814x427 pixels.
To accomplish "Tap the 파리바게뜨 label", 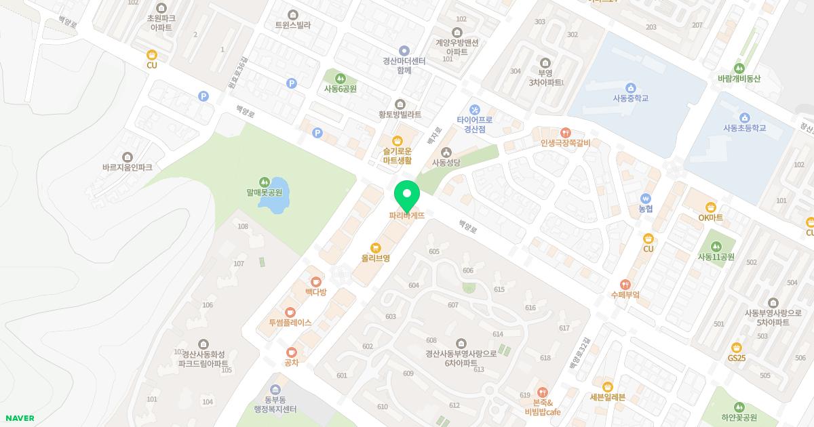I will (x=407, y=216).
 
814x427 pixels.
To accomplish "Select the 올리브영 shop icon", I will (x=375, y=247).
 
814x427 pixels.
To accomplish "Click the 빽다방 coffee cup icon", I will (x=315, y=281).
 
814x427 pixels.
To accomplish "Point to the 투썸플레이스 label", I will (x=290, y=323).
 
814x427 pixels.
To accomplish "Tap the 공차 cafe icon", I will (x=292, y=352).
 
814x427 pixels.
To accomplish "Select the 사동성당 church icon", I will (x=446, y=152).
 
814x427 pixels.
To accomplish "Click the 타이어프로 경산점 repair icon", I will (x=475, y=109).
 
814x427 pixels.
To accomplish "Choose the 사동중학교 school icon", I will (x=631, y=87).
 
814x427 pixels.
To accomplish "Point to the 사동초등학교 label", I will (x=744, y=128).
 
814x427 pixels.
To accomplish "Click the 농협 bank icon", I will (x=645, y=198).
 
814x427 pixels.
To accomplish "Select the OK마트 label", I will (x=710, y=218).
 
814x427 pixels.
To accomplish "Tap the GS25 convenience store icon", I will (x=737, y=347).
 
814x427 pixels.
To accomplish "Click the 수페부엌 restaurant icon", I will (x=625, y=285).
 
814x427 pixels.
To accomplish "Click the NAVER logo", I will (x=20, y=418).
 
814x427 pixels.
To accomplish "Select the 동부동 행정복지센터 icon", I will (x=275, y=389).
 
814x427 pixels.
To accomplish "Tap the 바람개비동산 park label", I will (x=739, y=79).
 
